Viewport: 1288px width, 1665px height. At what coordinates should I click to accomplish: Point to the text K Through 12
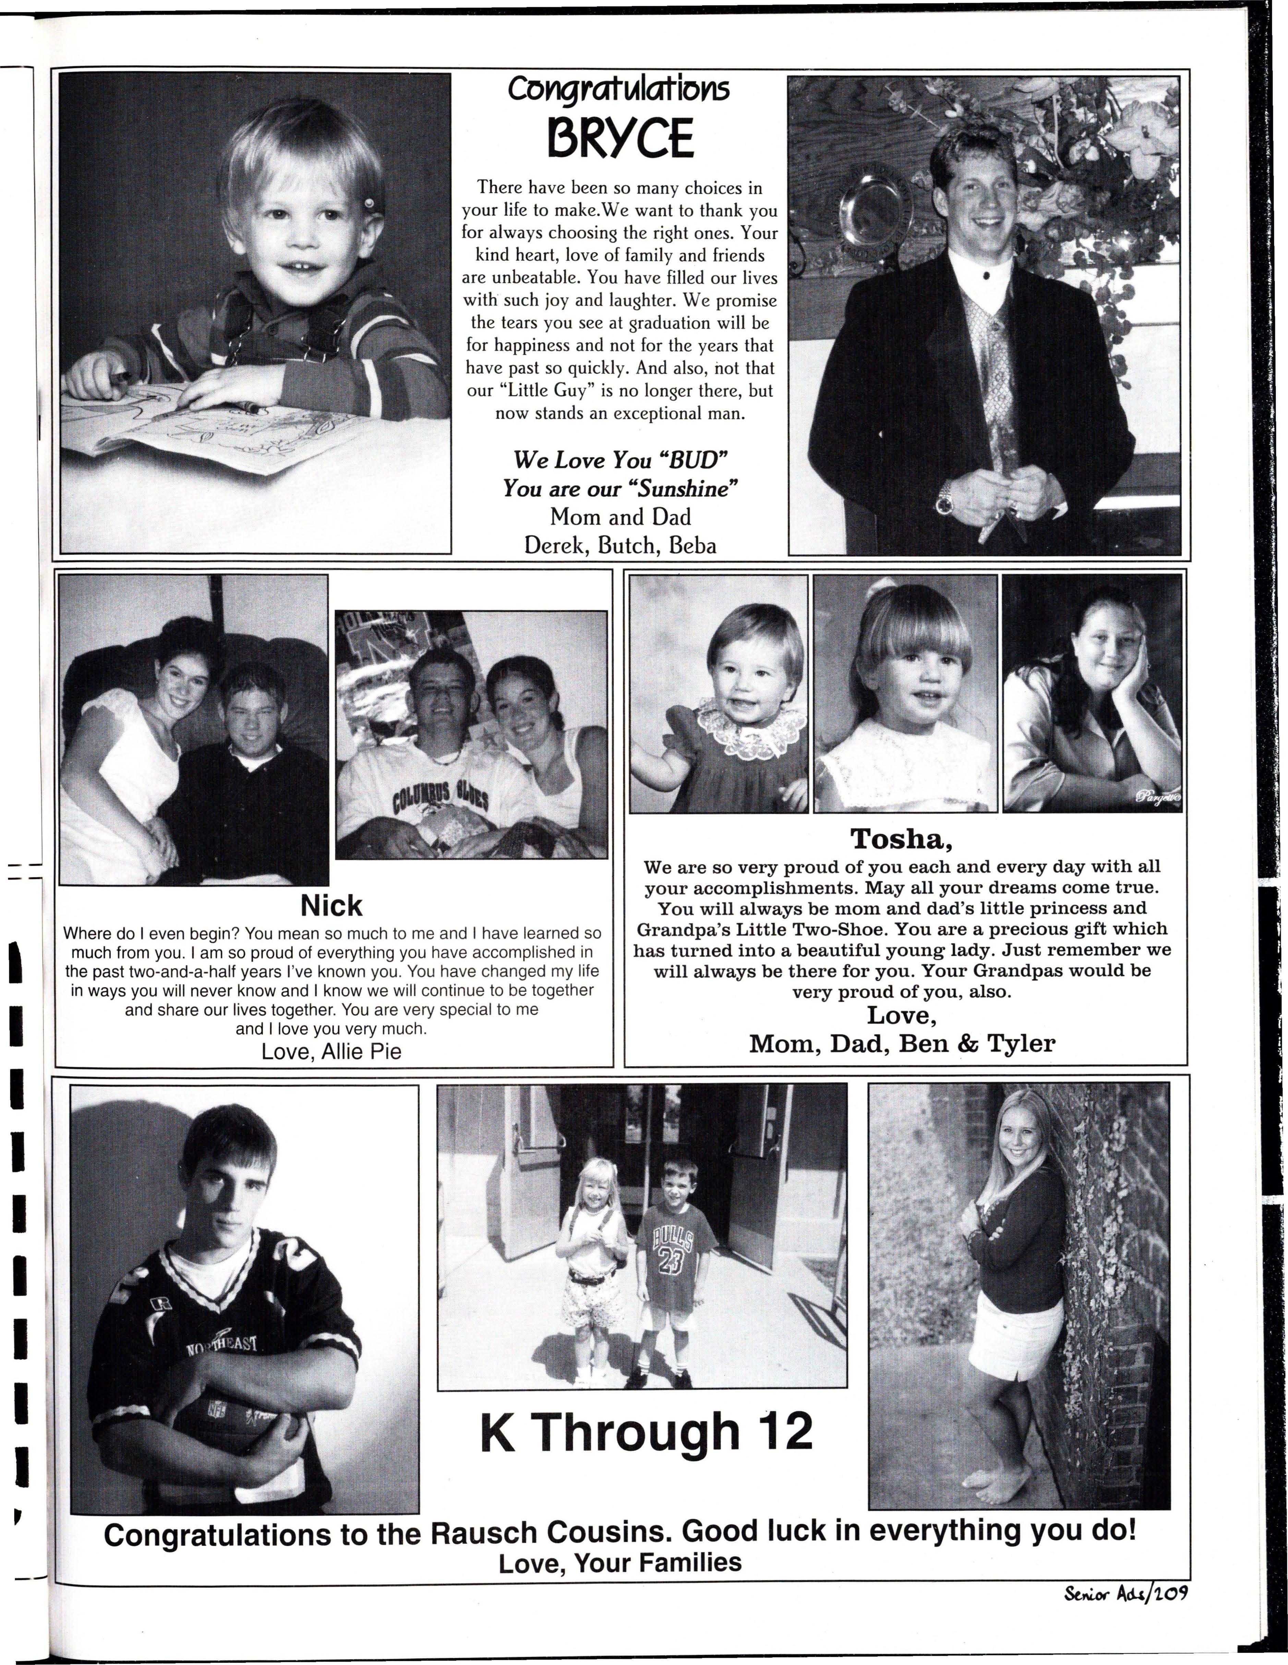[646, 1432]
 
